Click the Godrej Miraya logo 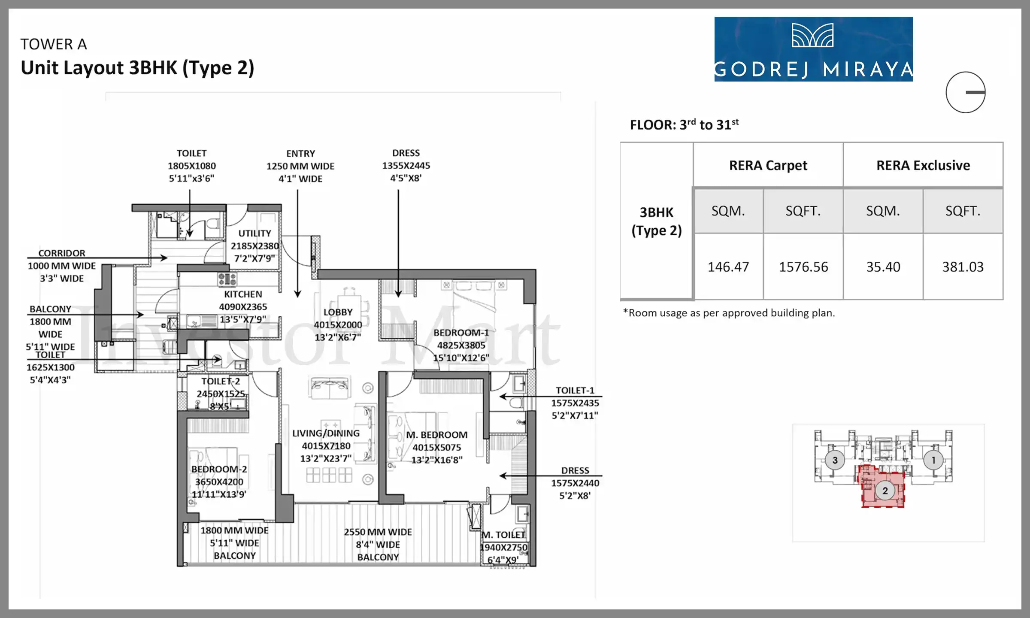pos(813,49)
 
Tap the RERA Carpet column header pos(768,165)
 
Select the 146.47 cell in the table pos(728,267)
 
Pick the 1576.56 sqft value pos(803,267)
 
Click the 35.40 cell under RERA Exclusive pos(883,267)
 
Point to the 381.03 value pos(963,267)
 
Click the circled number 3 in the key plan pos(835,460)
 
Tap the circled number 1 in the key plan pos(933,460)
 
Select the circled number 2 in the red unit pos(885,491)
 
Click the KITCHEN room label pos(243,294)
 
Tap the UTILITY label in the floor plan pos(255,233)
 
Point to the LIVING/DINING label pos(326,433)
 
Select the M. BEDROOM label pos(437,435)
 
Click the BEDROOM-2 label pos(219,469)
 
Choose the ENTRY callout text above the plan pos(300,154)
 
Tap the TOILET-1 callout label pos(575,391)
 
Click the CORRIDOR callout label pos(62,253)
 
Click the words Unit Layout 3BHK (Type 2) pos(137,68)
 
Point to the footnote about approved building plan pos(729,313)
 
